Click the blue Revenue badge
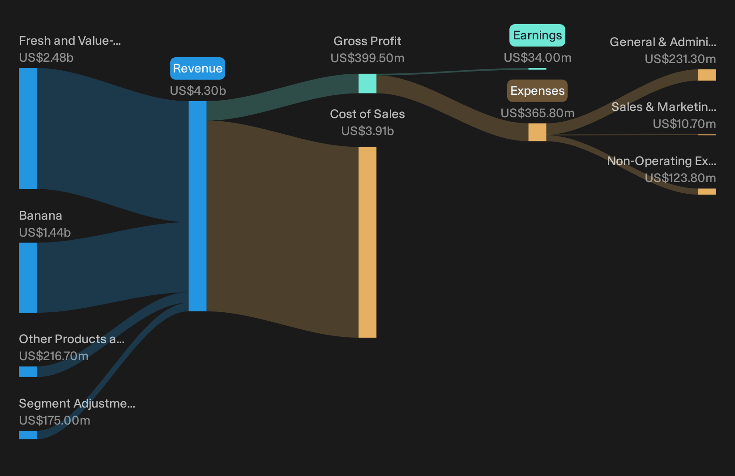[x=197, y=68]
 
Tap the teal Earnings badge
[x=537, y=35]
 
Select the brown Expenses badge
[x=537, y=90]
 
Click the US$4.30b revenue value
[x=198, y=90]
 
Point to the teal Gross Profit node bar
[x=367, y=83]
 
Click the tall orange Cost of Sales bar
[x=367, y=242]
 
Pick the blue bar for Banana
[x=28, y=277]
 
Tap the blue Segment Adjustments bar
[x=28, y=435]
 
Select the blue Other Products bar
[x=28, y=372]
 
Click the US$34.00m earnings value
[x=538, y=58]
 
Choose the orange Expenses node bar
[x=537, y=132]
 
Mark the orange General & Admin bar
[x=707, y=75]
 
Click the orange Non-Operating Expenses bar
[x=707, y=191]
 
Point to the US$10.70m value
[x=684, y=123]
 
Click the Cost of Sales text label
[x=367, y=114]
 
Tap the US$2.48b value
[x=46, y=58]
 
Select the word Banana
[x=40, y=216]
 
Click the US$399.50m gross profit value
[x=367, y=58]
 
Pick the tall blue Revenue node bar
[x=197, y=206]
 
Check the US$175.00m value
[x=55, y=420]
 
